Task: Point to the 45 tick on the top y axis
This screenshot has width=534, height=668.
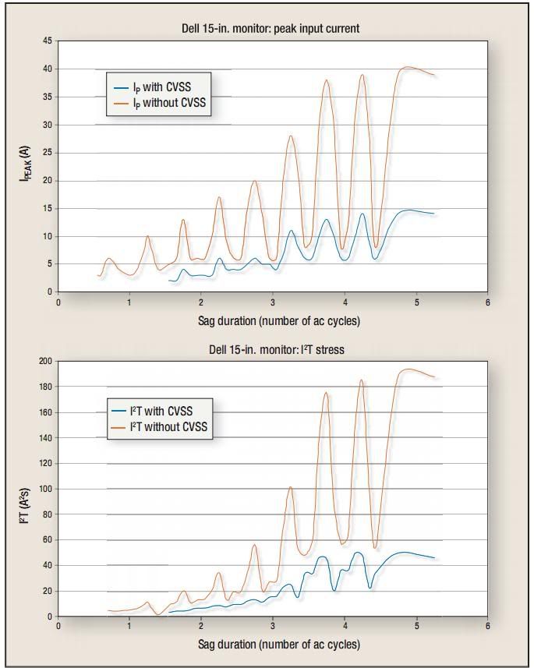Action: (48, 41)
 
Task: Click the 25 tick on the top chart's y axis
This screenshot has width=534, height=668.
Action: (48, 153)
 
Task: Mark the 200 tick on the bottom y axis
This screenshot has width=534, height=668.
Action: (45, 362)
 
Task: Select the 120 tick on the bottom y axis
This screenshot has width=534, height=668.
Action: (45, 464)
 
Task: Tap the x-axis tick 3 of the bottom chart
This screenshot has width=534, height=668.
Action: (273, 626)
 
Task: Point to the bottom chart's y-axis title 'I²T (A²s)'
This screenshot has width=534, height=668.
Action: (24, 490)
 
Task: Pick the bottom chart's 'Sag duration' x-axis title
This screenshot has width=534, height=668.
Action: (278, 644)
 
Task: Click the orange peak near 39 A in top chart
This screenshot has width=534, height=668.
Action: (362, 75)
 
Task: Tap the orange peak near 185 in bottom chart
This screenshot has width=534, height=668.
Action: (362, 380)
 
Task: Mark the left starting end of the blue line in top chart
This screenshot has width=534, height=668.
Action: (169, 281)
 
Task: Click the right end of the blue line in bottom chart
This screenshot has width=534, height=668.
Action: (434, 558)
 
